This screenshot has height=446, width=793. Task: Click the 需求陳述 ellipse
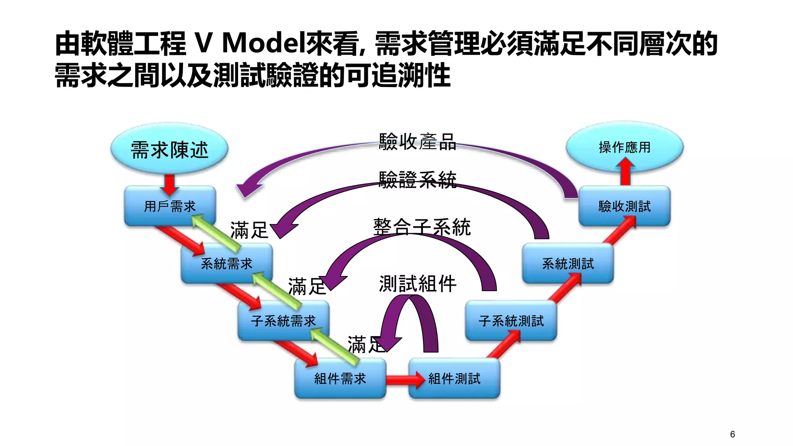tap(169, 149)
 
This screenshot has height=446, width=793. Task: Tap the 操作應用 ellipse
tap(624, 147)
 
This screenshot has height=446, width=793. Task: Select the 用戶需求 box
tap(170, 206)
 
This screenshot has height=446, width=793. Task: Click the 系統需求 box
tap(227, 264)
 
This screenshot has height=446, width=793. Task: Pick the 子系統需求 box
tap(283, 321)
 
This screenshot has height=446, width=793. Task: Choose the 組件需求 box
tap(340, 378)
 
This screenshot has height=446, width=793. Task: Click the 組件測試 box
tap(454, 378)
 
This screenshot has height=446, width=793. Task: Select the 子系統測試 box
tap(511, 321)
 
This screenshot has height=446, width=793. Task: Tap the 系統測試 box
tap(568, 264)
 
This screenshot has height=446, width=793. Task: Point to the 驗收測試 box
tap(624, 206)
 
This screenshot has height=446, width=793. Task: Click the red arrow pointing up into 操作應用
tap(625, 172)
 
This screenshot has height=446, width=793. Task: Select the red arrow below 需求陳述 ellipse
tap(170, 184)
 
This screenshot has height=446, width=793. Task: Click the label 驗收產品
tap(417, 142)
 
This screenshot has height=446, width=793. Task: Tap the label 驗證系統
tap(417, 180)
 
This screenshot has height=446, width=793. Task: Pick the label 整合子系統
tap(421, 227)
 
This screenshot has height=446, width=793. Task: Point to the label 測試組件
tap(417, 284)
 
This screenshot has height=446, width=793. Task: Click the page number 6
tap(732, 434)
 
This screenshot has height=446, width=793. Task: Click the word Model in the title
tap(263, 43)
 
